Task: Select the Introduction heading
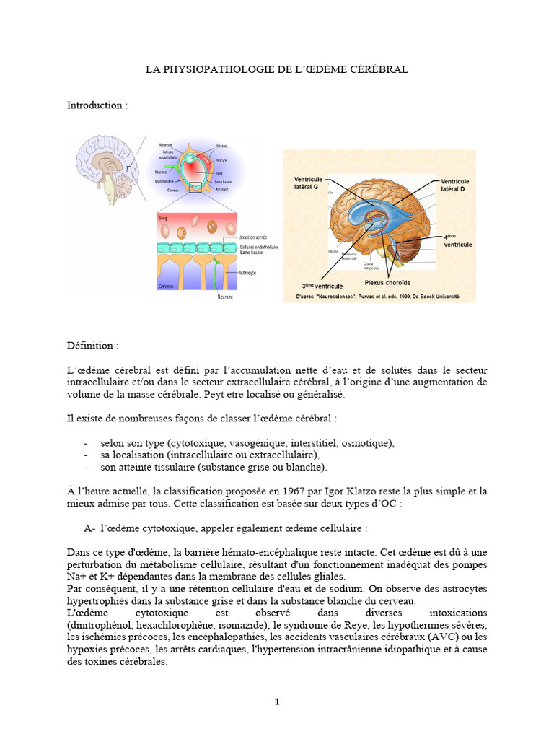(97, 105)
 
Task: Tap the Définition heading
(93, 346)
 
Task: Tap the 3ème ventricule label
(318, 286)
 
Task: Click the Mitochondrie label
(162, 182)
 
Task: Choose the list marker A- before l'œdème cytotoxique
(89, 528)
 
